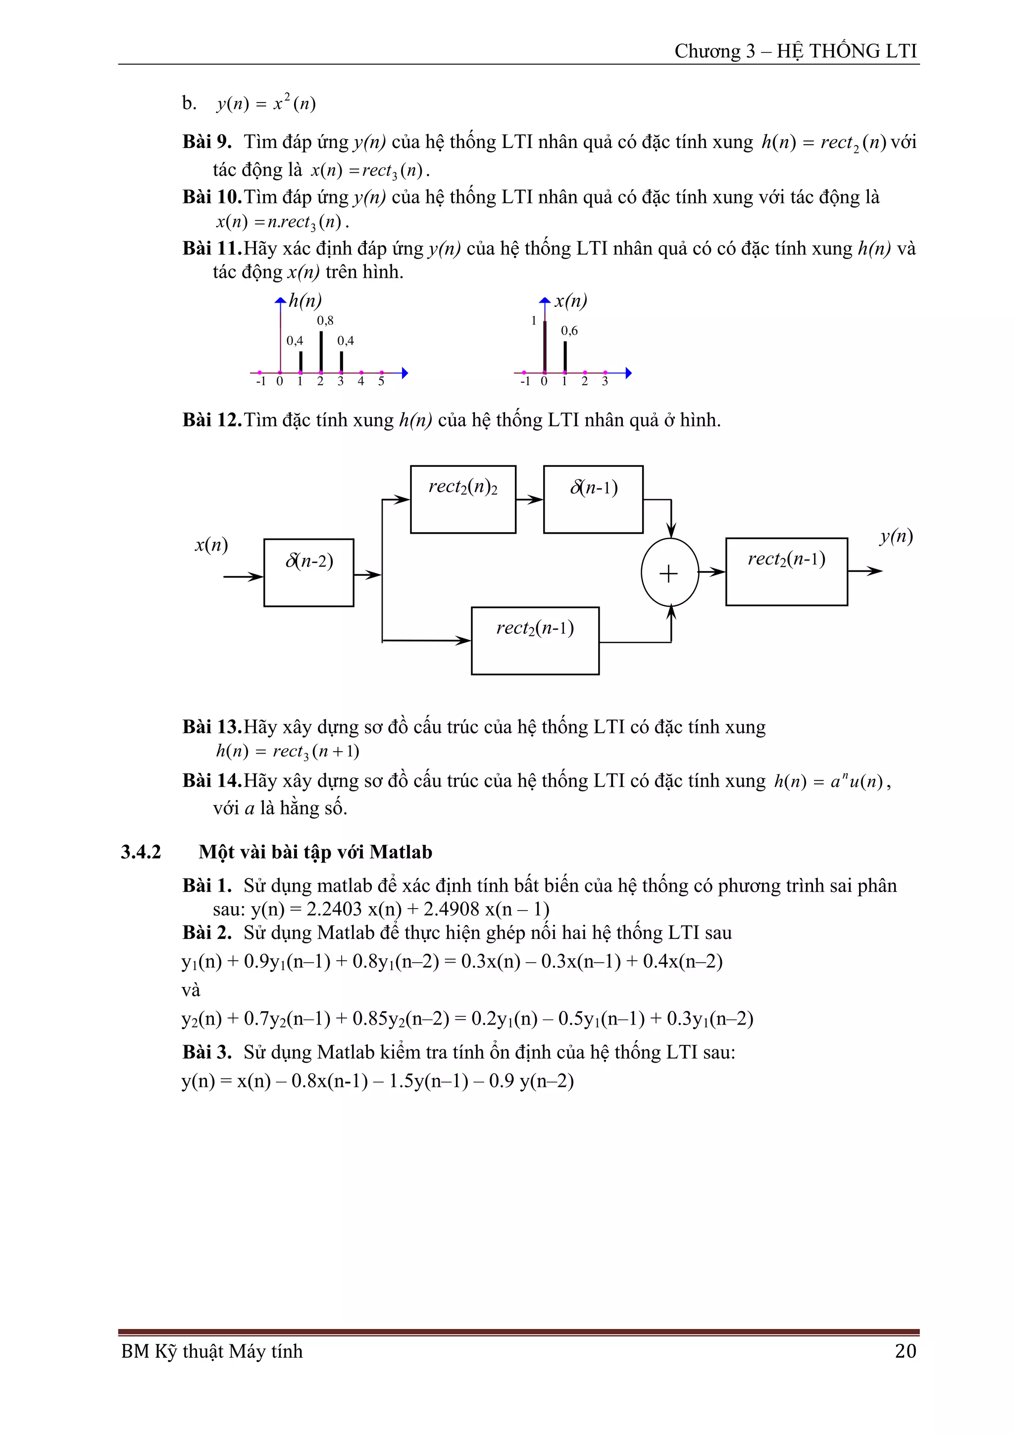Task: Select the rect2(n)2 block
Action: [462, 499]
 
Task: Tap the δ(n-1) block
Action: [593, 499]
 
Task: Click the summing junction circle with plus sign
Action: [669, 573]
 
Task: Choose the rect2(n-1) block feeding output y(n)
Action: [786, 571]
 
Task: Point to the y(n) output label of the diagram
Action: [896, 536]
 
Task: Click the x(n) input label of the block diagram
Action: [211, 545]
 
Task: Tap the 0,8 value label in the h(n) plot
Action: [325, 320]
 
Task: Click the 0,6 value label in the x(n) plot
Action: [569, 330]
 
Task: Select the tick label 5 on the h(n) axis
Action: [381, 381]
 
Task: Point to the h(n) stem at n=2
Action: [321, 351]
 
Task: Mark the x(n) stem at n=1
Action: [565, 356]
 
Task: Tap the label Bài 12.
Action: [211, 420]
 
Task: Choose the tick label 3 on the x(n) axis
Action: [605, 381]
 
